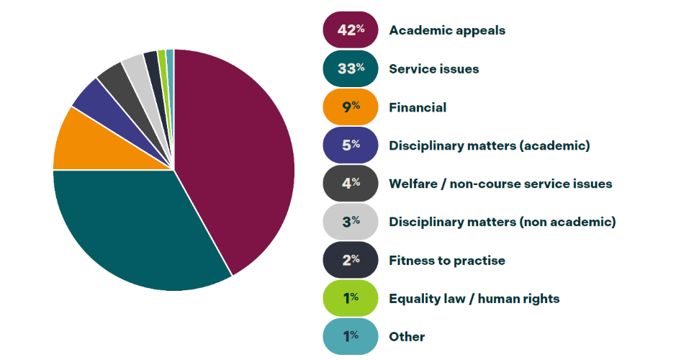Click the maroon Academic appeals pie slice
[x=238, y=158]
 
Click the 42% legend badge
[x=351, y=30]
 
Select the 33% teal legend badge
[x=351, y=68]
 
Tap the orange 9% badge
[x=351, y=107]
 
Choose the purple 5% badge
[x=351, y=145]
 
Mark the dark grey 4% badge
[x=351, y=184]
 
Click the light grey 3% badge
[x=351, y=222]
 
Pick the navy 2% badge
[x=351, y=260]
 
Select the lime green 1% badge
[x=351, y=298]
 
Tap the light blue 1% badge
[x=351, y=336]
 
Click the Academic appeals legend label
[x=447, y=30]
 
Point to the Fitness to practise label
[x=447, y=260]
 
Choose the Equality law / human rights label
[x=474, y=298]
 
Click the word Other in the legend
[x=407, y=336]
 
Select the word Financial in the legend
[x=418, y=107]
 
